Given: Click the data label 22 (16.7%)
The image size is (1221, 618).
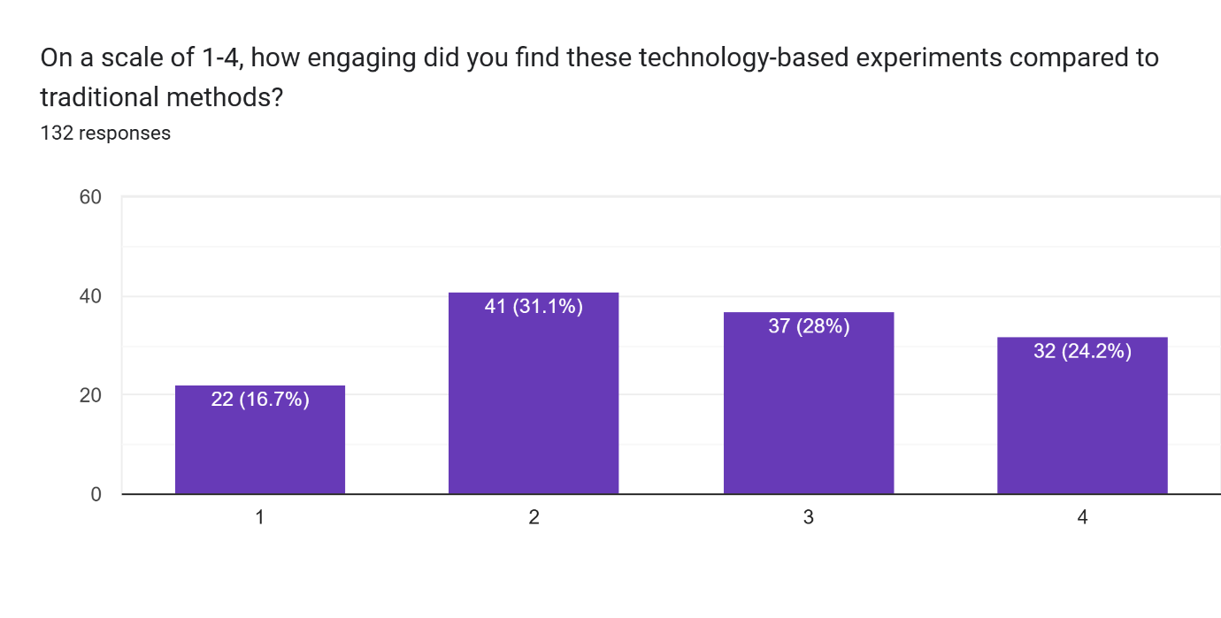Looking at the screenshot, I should coord(260,400).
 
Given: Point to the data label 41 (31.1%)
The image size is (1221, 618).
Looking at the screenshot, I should coord(534,307).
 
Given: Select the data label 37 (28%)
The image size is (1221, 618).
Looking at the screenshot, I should coord(809,326).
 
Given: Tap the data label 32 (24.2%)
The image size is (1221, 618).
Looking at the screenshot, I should coord(1082,351).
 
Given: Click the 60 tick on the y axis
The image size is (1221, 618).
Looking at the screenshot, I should coord(90,197).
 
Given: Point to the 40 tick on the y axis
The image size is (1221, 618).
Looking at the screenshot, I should coord(90,296).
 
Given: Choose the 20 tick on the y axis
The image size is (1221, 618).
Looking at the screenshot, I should coord(90,395).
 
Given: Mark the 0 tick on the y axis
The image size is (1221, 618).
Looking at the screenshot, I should coord(96,494).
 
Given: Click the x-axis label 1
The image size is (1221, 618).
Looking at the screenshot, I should coord(259,518).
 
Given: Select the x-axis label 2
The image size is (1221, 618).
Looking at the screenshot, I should coord(534,518).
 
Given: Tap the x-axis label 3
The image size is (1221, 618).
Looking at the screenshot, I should coord(808,518).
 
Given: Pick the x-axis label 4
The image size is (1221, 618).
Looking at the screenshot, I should coord(1082,518).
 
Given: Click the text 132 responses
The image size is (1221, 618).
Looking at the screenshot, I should coord(105,134).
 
